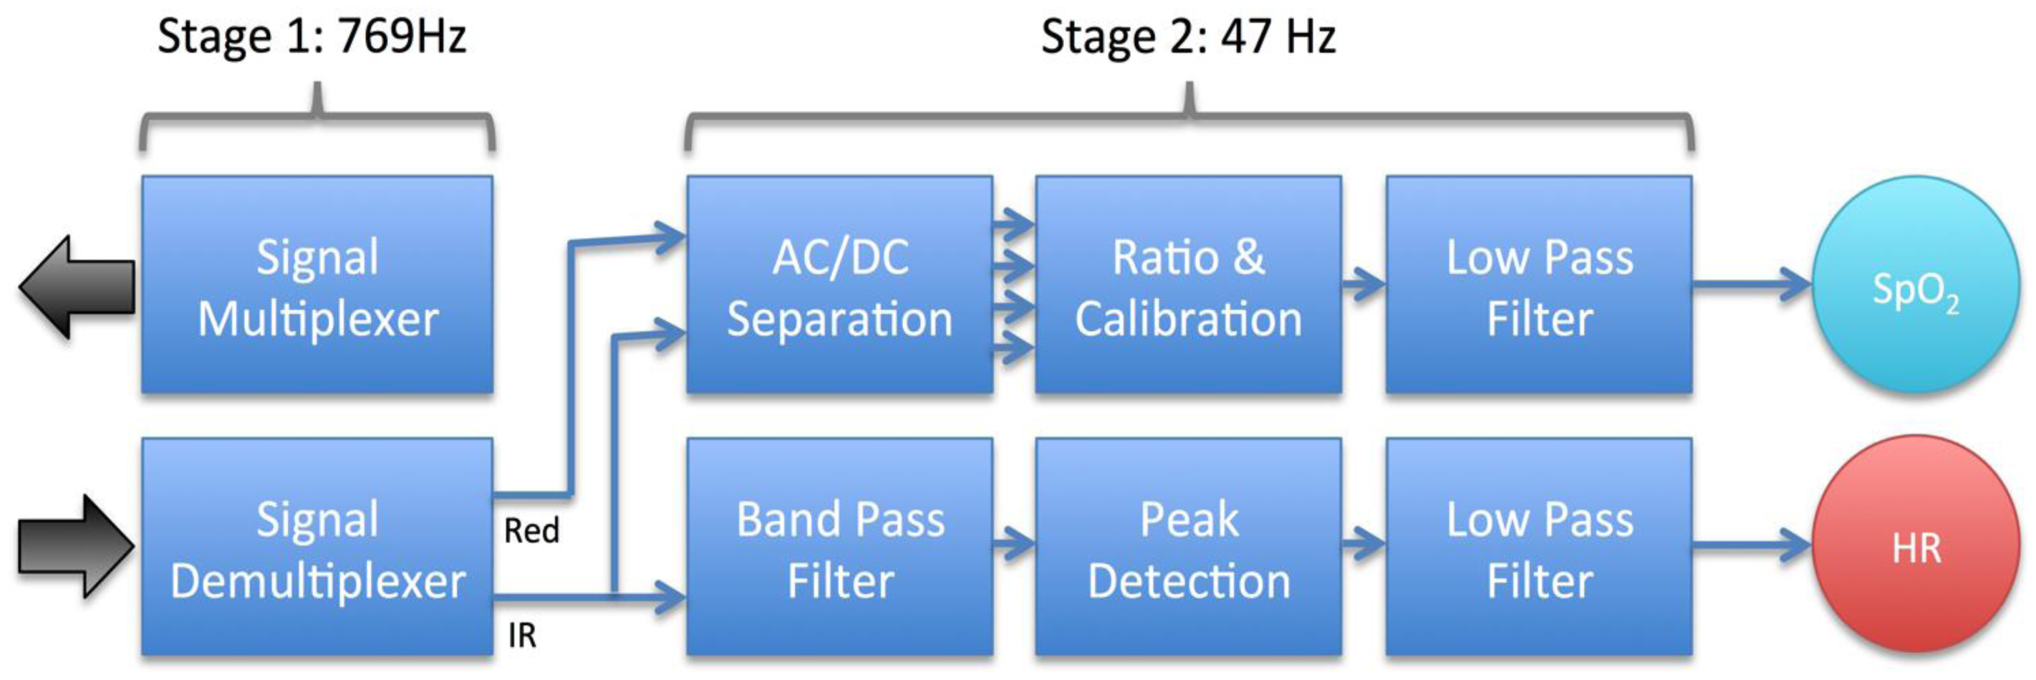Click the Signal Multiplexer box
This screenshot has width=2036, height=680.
click(317, 284)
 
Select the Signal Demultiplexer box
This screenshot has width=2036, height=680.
click(317, 547)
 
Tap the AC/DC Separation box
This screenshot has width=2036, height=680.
click(839, 284)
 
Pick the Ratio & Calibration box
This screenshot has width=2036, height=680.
click(1188, 284)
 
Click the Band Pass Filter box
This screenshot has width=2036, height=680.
click(839, 547)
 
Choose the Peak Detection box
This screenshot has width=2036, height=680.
click(1188, 547)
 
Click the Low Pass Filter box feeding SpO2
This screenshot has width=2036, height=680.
click(1539, 284)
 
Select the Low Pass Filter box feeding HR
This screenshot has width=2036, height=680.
click(1539, 547)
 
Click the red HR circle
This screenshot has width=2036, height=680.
click(1915, 545)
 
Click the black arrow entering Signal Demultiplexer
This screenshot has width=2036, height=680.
click(77, 545)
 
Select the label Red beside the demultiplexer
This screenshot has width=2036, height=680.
click(531, 530)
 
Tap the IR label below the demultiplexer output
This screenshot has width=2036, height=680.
click(521, 635)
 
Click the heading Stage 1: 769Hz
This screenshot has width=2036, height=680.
click(312, 37)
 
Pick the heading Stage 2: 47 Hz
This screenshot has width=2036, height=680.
click(1188, 37)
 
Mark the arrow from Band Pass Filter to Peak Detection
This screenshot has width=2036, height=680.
click(1014, 544)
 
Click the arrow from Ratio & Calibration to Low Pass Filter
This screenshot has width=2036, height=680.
click(1364, 284)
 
